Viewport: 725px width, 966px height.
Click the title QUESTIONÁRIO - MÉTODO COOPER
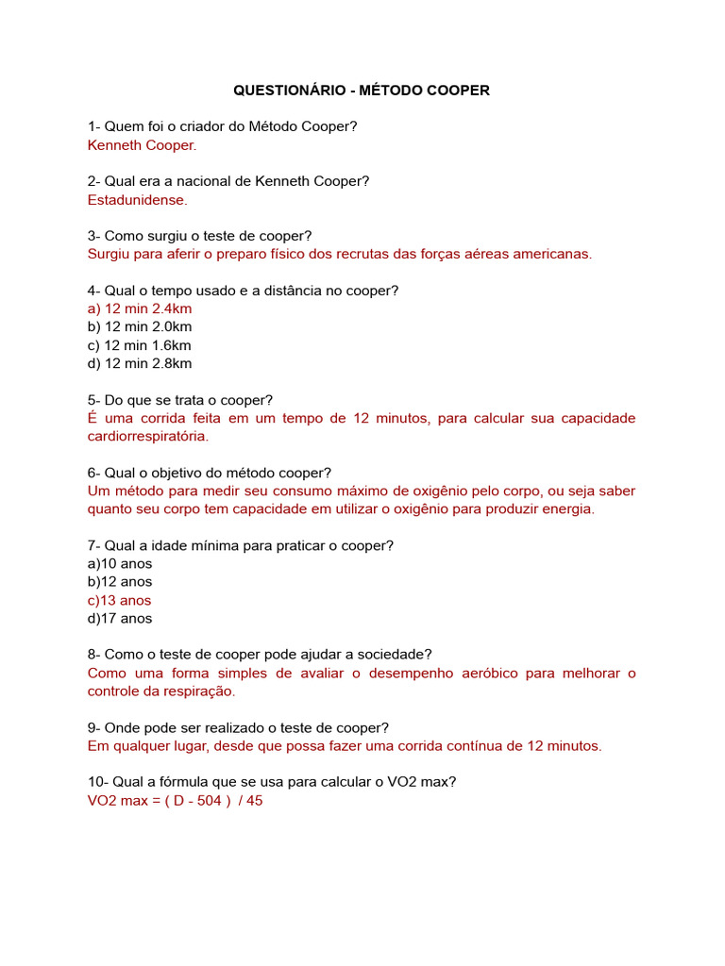[x=362, y=91]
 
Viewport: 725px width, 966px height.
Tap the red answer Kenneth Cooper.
[x=142, y=145]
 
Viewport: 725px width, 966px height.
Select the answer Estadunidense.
[x=137, y=200]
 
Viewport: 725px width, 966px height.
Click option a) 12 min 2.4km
[x=139, y=308]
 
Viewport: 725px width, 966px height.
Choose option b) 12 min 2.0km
[x=139, y=326]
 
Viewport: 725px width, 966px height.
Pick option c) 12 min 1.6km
[x=139, y=345]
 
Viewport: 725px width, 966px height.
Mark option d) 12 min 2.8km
[x=139, y=363]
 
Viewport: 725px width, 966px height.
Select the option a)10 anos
[x=119, y=563]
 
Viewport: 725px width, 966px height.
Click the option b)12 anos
[x=119, y=581]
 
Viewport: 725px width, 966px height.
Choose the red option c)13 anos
[x=119, y=600]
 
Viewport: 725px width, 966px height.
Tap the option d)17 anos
[x=119, y=618]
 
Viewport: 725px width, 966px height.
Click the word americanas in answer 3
[x=551, y=254]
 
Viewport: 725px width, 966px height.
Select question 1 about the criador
[x=222, y=126]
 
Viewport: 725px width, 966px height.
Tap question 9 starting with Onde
[x=238, y=727]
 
